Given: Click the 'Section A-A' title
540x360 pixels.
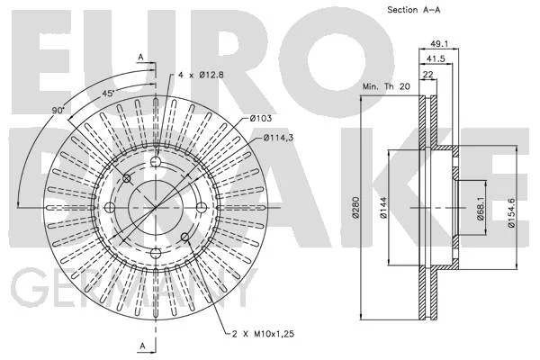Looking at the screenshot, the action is pyautogui.click(x=414, y=10).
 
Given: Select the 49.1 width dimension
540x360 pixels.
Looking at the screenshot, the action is pyautogui.click(x=439, y=44).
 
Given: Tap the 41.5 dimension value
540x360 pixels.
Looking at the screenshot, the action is pyautogui.click(x=436, y=58).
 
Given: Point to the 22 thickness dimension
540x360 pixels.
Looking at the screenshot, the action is pyautogui.click(x=428, y=75).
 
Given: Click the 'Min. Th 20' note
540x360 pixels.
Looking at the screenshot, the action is pyautogui.click(x=386, y=86).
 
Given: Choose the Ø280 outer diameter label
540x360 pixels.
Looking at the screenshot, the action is pyautogui.click(x=355, y=207).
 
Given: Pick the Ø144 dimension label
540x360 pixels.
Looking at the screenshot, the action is pyautogui.click(x=383, y=208).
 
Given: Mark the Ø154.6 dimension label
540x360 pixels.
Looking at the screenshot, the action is pyautogui.click(x=510, y=212).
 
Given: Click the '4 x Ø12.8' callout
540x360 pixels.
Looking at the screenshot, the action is pyautogui.click(x=201, y=75).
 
